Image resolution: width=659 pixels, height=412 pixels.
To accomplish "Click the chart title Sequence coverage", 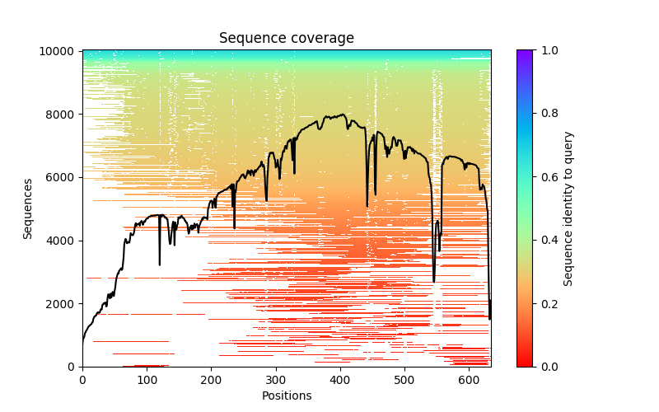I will pyautogui.click(x=286, y=39).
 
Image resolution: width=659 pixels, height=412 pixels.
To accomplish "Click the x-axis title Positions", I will pyautogui.click(x=286, y=396).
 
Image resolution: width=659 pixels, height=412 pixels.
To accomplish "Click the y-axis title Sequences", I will pyautogui.click(x=28, y=208).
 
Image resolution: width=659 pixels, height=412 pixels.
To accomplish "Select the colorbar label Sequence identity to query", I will pyautogui.click(x=568, y=208).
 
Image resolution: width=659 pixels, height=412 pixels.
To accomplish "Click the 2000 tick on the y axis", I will pyautogui.click(x=63, y=303).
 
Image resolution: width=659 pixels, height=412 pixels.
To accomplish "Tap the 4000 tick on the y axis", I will pyautogui.click(x=63, y=241).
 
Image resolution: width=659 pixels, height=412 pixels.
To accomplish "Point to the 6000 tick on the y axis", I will pyautogui.click(x=63, y=177).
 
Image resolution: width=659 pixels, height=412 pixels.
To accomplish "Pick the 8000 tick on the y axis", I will pyautogui.click(x=63, y=114).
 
